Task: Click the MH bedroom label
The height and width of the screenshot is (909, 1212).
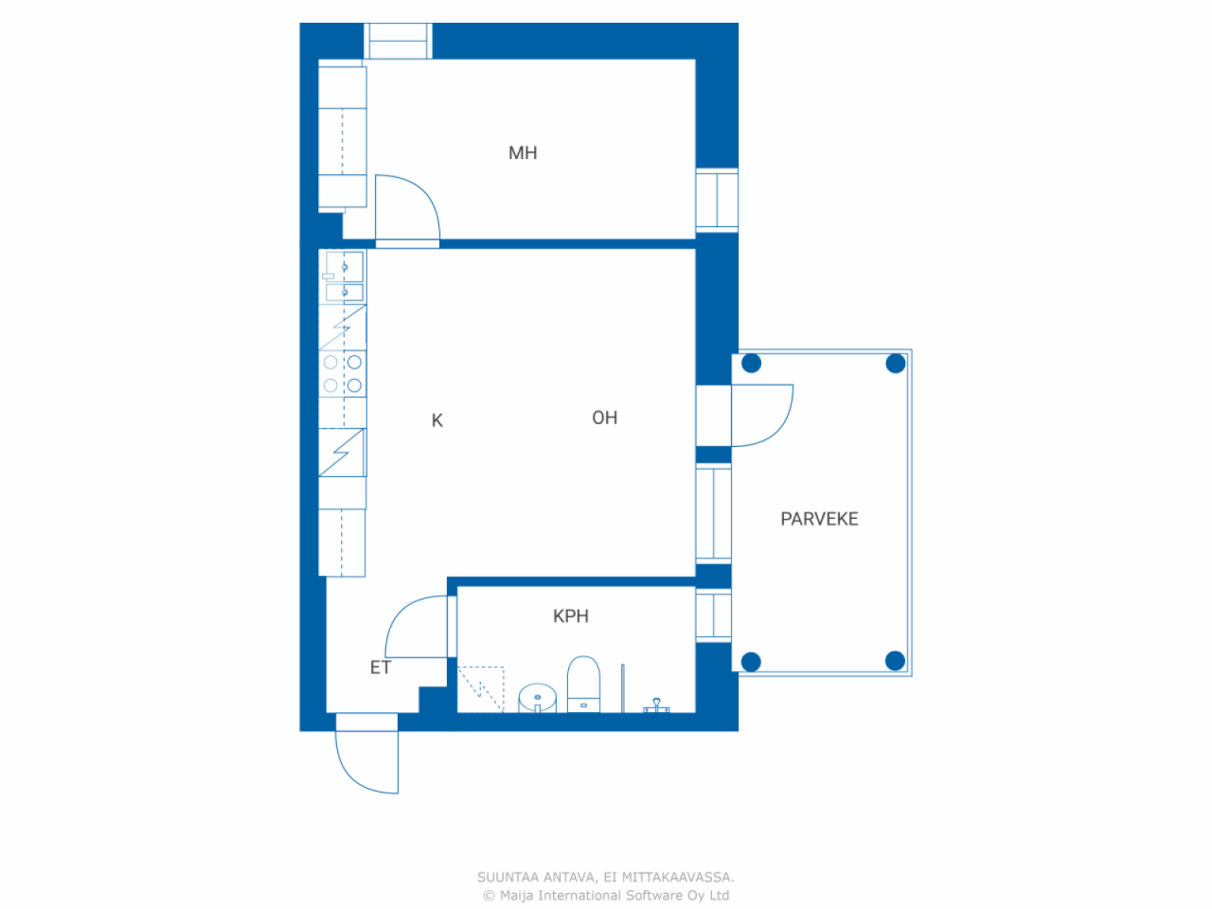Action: [523, 152]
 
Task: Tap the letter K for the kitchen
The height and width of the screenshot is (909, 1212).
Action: [437, 420]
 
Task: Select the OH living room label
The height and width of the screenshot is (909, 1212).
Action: [605, 418]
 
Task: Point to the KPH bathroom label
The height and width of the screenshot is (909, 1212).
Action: [571, 615]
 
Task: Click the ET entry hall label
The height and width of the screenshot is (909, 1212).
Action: [381, 668]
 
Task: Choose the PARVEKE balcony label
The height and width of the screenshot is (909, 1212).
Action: [819, 519]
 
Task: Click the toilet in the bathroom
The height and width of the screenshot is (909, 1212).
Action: [583, 684]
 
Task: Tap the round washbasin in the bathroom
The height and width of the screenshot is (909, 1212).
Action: [537, 698]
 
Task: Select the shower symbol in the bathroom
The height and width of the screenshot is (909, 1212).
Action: [656, 705]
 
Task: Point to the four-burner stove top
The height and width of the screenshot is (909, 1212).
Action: [343, 374]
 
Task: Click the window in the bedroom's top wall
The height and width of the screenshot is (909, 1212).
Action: [398, 41]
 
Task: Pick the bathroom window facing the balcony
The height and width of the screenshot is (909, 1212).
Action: [713, 615]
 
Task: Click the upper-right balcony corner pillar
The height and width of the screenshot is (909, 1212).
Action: [896, 364]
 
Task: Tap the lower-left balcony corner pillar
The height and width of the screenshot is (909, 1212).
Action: [751, 662]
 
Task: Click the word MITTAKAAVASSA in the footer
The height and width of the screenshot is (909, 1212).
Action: [678, 877]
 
